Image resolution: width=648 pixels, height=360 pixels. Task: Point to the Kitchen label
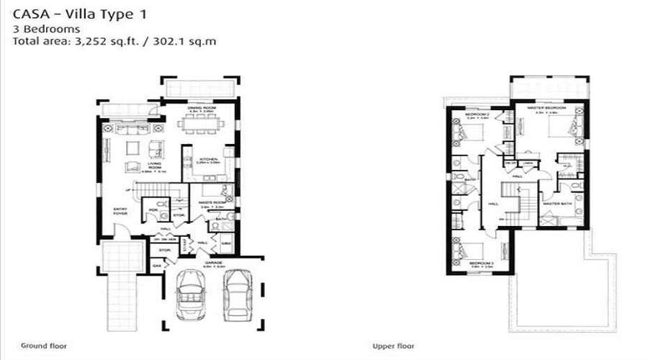(208, 160)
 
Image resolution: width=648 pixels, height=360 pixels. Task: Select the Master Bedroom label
(546, 108)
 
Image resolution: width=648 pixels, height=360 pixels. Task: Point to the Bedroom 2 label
(477, 114)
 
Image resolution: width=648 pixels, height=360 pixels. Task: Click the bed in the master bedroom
(560, 127)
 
